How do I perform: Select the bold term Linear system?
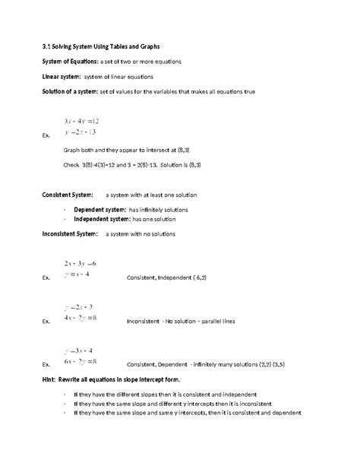coord(63,77)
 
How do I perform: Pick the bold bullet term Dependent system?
coord(99,209)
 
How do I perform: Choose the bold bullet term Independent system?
coord(103,220)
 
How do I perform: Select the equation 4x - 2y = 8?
coord(81,317)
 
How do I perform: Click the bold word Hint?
coord(50,379)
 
